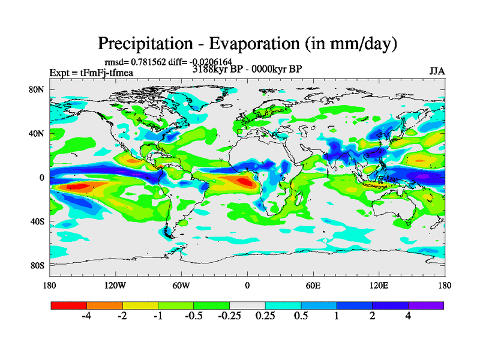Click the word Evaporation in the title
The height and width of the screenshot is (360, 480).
pyautogui.click(x=253, y=44)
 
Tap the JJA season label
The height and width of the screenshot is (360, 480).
pyautogui.click(x=437, y=71)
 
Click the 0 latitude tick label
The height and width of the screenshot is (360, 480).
pyautogui.click(x=42, y=178)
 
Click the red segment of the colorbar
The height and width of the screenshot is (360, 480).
pyautogui.click(x=68, y=305)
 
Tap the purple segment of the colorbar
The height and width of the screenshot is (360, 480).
pyautogui.click(x=426, y=305)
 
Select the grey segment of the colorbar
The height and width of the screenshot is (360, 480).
pyautogui.click(x=247, y=305)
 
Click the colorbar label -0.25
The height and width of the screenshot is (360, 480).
pyautogui.click(x=229, y=316)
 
